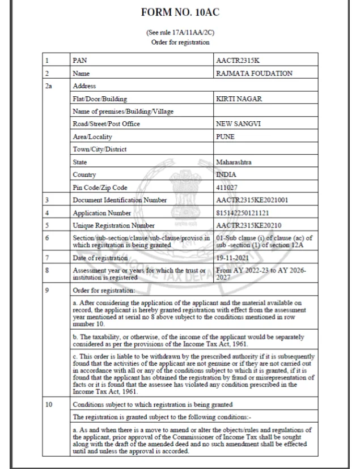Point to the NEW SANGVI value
(238, 123)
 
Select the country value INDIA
(227, 174)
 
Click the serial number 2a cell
(48, 86)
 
